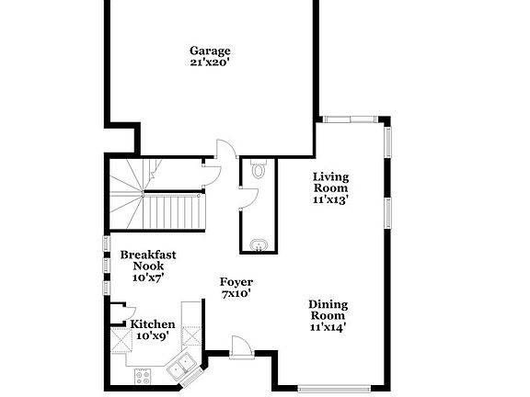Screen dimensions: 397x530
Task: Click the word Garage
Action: [x=210, y=51]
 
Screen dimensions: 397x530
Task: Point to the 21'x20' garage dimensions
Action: [x=210, y=63]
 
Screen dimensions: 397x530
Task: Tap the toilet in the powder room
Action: [x=259, y=169]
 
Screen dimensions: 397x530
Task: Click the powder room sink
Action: [x=259, y=244]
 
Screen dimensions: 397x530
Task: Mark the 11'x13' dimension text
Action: [x=331, y=198]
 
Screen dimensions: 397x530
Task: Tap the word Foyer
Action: [x=236, y=282]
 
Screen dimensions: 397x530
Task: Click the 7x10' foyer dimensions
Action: [x=236, y=294]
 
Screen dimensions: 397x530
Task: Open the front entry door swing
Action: [x=239, y=347]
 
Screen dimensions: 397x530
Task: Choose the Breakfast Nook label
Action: [x=148, y=260]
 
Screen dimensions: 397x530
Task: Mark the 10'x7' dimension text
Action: [x=148, y=276]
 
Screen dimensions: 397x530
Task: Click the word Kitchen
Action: [x=152, y=324]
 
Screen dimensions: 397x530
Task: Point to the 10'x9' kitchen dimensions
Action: [x=152, y=336]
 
